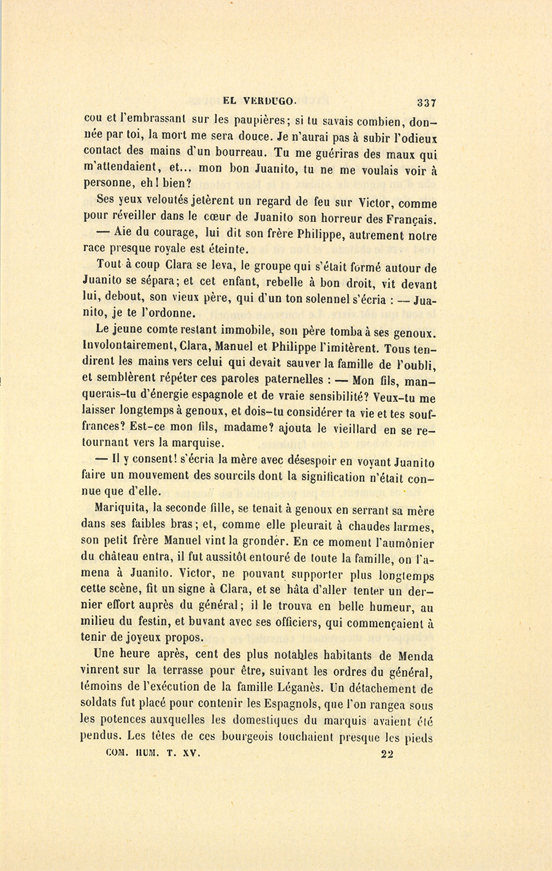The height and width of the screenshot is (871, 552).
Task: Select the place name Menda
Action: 415,655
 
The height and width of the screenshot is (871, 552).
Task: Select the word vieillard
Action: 355,428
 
